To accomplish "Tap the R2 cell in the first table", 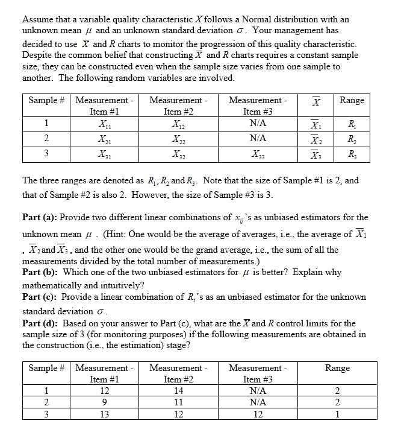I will pos(352,139).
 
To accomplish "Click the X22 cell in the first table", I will pos(179,139).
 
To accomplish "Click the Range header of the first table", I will pos(352,100).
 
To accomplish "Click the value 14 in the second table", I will pos(179,391).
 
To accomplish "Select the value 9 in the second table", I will pos(105,402).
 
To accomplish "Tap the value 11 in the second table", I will pos(179,402).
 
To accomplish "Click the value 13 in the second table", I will pos(105,414).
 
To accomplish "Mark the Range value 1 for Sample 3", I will pos(337,414).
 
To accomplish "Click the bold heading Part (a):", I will pos(40,217).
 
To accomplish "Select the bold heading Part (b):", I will pos(40,272).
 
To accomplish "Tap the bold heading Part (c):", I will pos(40,297).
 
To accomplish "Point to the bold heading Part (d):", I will pos(40,323).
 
